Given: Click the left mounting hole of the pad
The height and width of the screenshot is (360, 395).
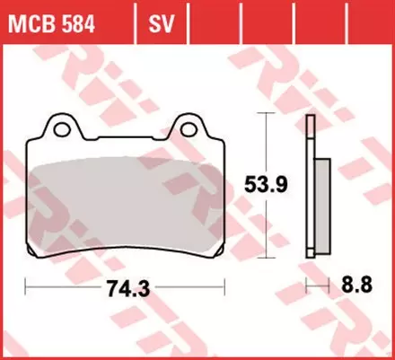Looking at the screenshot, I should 64,127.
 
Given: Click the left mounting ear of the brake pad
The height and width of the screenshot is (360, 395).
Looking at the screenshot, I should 63,126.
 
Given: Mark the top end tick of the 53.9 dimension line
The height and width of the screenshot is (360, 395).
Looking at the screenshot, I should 262,114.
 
